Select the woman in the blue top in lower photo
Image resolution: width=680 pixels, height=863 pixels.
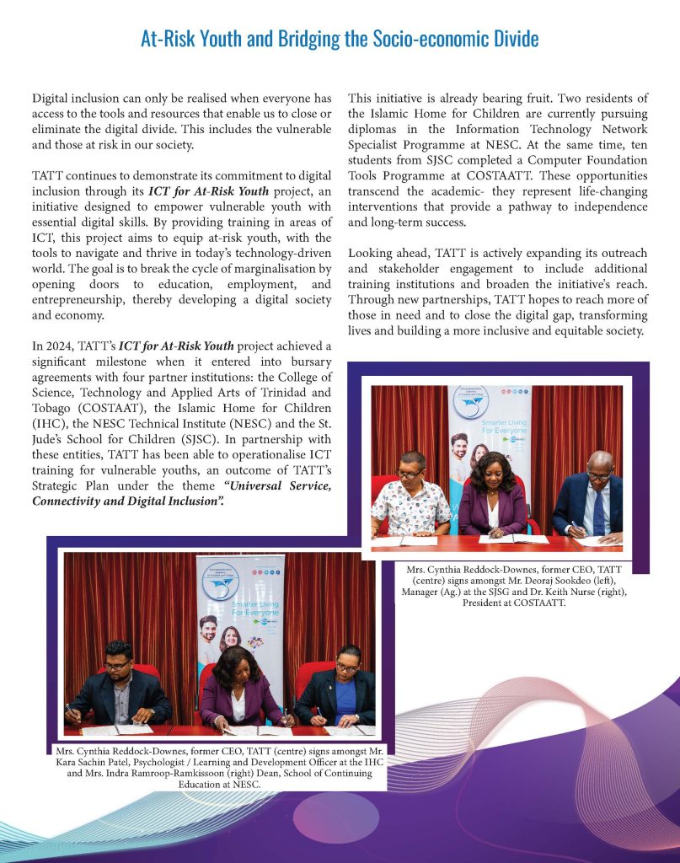[347, 683]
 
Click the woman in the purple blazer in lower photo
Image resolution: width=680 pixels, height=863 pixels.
[236, 683]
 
